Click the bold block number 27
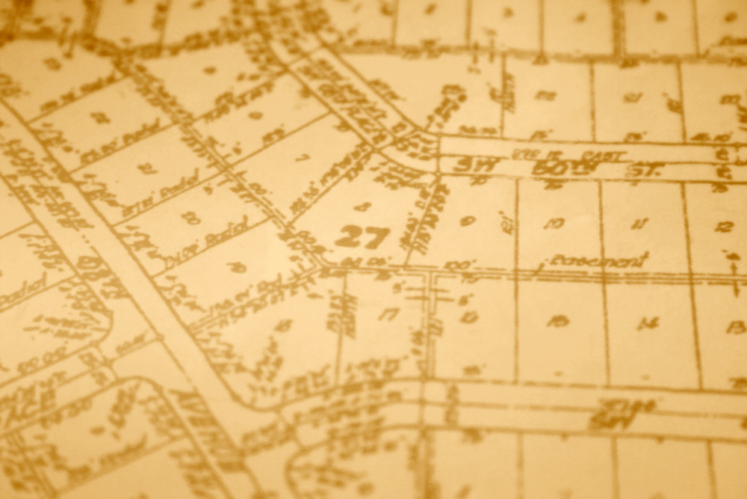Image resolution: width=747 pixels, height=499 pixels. pyautogui.click(x=362, y=237)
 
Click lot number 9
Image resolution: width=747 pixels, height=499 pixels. pyautogui.click(x=468, y=221)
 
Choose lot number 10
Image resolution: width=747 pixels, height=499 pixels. pyautogui.click(x=554, y=223)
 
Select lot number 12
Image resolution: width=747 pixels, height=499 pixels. pyautogui.click(x=723, y=226)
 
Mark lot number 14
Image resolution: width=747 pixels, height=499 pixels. pyautogui.click(x=648, y=323)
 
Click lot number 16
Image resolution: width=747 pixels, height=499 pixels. pyautogui.click(x=468, y=316)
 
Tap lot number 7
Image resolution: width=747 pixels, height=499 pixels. pyautogui.click(x=302, y=158)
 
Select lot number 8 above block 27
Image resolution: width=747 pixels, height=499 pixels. pyautogui.click(x=362, y=206)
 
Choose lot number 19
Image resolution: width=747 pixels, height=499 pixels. pyautogui.click(x=237, y=267)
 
